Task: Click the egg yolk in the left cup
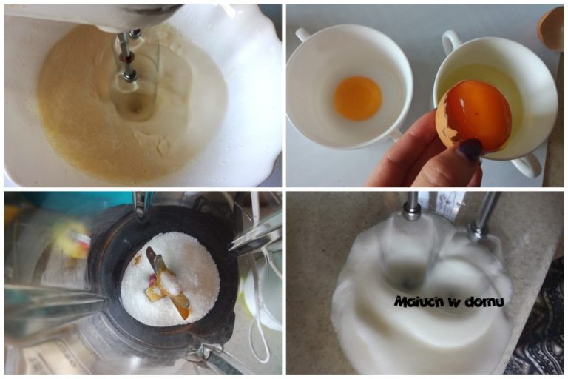click(357, 98)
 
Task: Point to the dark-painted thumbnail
click(470, 150)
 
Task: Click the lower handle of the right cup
click(527, 166)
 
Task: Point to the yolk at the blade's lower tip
click(183, 312)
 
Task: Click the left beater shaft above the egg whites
click(413, 206)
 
